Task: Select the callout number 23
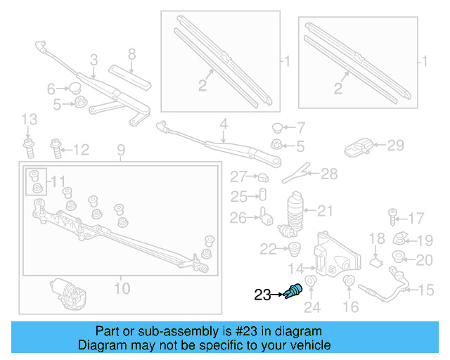coord(262,296)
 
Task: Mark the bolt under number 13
coord(29,148)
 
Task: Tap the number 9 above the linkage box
coord(120,150)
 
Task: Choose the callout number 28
coord(330,174)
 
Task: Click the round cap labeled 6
coord(72,88)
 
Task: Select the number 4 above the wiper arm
coord(224,127)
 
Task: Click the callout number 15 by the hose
coord(427,289)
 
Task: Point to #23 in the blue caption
coord(239,331)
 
